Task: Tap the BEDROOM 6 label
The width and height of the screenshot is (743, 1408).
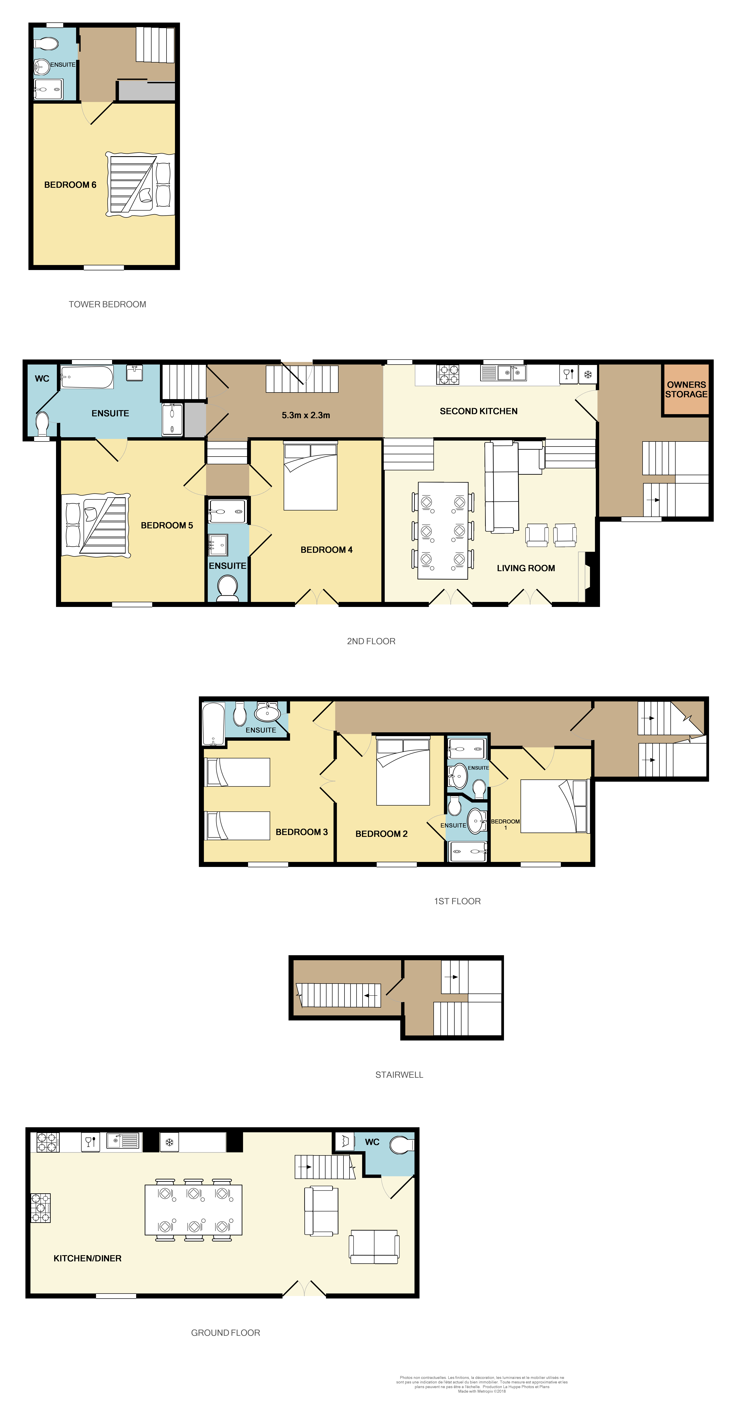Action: coord(70,185)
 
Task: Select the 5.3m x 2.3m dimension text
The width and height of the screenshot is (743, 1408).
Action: coord(306,415)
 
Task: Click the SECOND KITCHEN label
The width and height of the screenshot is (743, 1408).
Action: coord(478,411)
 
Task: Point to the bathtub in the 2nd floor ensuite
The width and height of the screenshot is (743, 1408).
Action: coord(86,377)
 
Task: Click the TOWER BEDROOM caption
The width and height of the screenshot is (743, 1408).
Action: coord(107,304)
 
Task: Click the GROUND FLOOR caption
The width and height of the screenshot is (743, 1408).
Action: coord(225,1333)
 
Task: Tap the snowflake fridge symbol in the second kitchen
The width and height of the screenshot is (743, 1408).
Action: coord(588,374)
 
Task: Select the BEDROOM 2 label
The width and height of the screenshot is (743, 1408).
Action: coord(381,833)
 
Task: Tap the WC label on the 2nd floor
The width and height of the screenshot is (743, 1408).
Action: coord(42,378)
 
